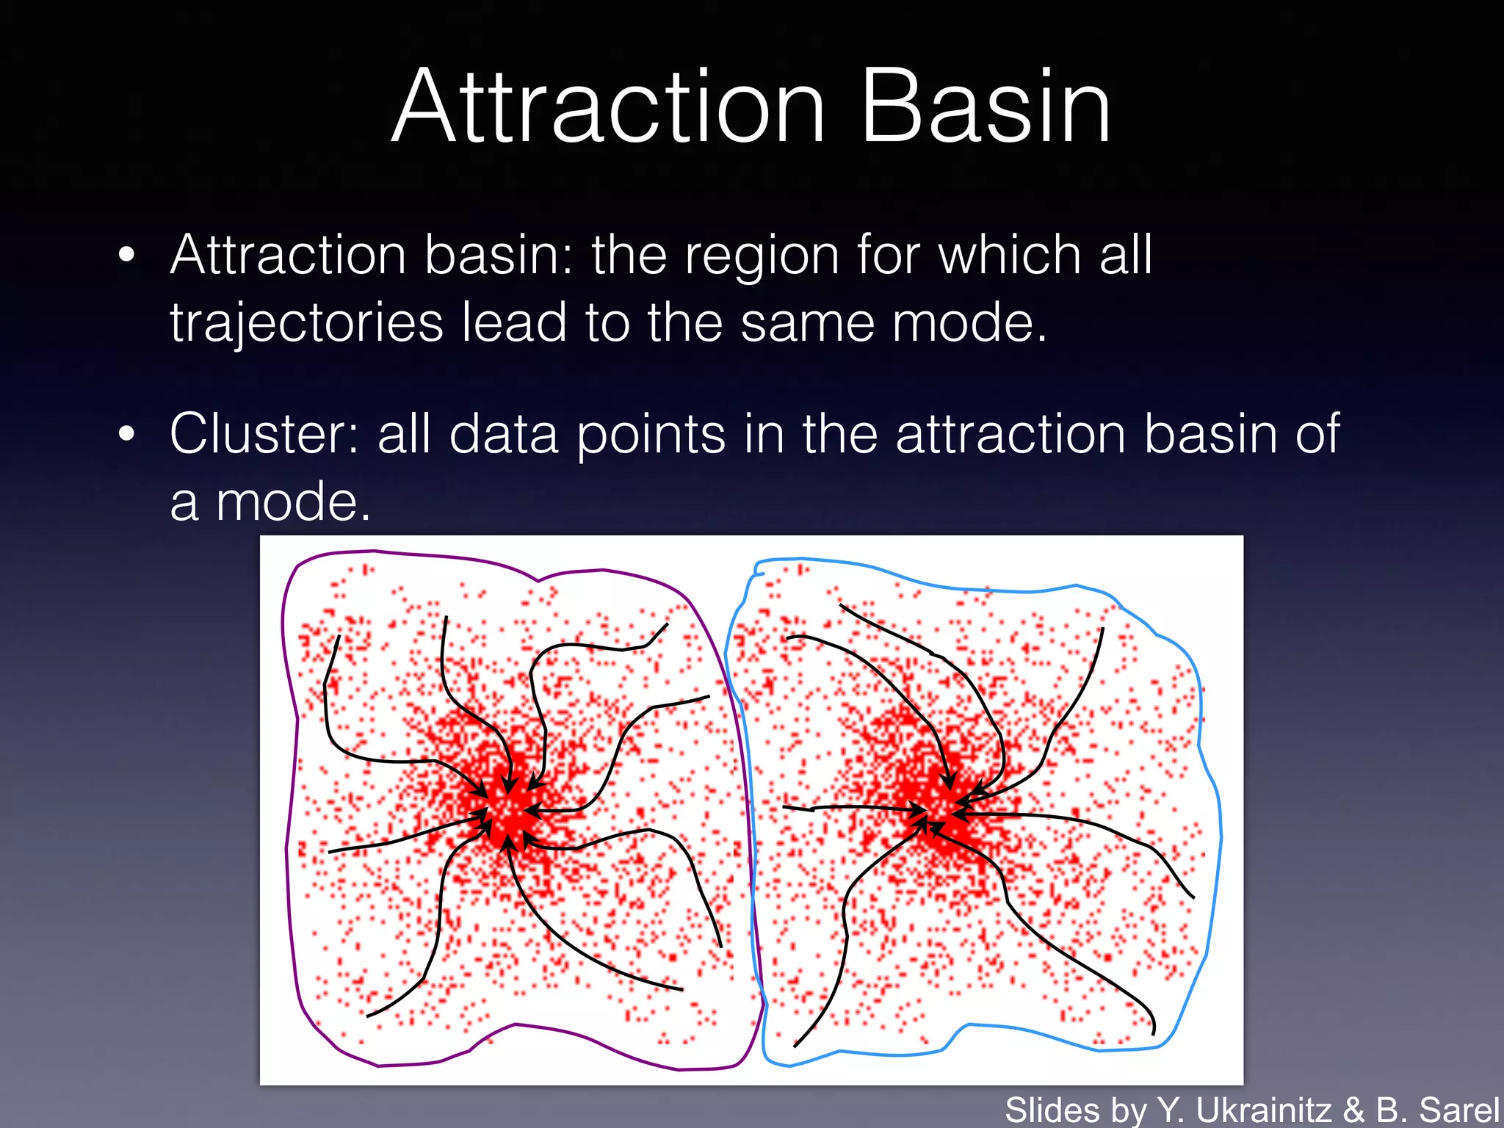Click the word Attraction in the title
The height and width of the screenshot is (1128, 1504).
pyautogui.click(x=610, y=106)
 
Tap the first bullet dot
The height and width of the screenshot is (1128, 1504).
pyautogui.click(x=127, y=255)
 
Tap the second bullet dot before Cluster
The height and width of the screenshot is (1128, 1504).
pyautogui.click(x=127, y=433)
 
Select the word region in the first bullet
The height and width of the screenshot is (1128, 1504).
pyautogui.click(x=762, y=257)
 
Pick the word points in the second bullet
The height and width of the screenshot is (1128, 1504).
pyautogui.click(x=651, y=435)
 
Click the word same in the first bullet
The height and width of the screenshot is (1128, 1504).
pyautogui.click(x=806, y=323)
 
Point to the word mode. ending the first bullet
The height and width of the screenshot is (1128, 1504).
pyautogui.click(x=969, y=323)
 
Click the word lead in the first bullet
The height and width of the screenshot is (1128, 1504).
pyautogui.click(x=514, y=323)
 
